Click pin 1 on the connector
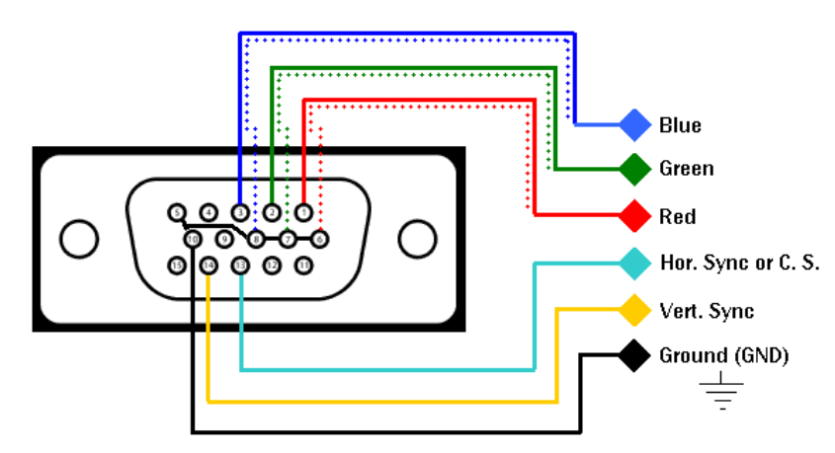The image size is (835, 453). [x=303, y=212]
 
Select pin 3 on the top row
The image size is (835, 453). [x=239, y=212]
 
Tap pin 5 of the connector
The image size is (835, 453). [x=176, y=212]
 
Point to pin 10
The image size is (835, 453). [x=192, y=238]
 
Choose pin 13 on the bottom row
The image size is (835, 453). [x=240, y=264]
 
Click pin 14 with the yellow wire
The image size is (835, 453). [x=209, y=264]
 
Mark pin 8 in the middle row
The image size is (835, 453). [x=256, y=238]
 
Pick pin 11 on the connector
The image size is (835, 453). [x=304, y=264]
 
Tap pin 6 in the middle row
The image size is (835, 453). [x=320, y=238]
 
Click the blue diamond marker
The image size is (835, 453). [x=633, y=124]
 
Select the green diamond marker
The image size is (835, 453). [x=633, y=169]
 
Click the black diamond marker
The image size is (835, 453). [x=633, y=355]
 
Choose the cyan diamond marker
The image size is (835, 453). [x=633, y=263]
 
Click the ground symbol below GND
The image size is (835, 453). [x=723, y=391]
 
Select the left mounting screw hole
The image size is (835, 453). [x=79, y=238]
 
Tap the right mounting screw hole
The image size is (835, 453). [x=416, y=238]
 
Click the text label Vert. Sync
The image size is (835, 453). [x=707, y=311]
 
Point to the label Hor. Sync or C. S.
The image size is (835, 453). [x=739, y=264]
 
